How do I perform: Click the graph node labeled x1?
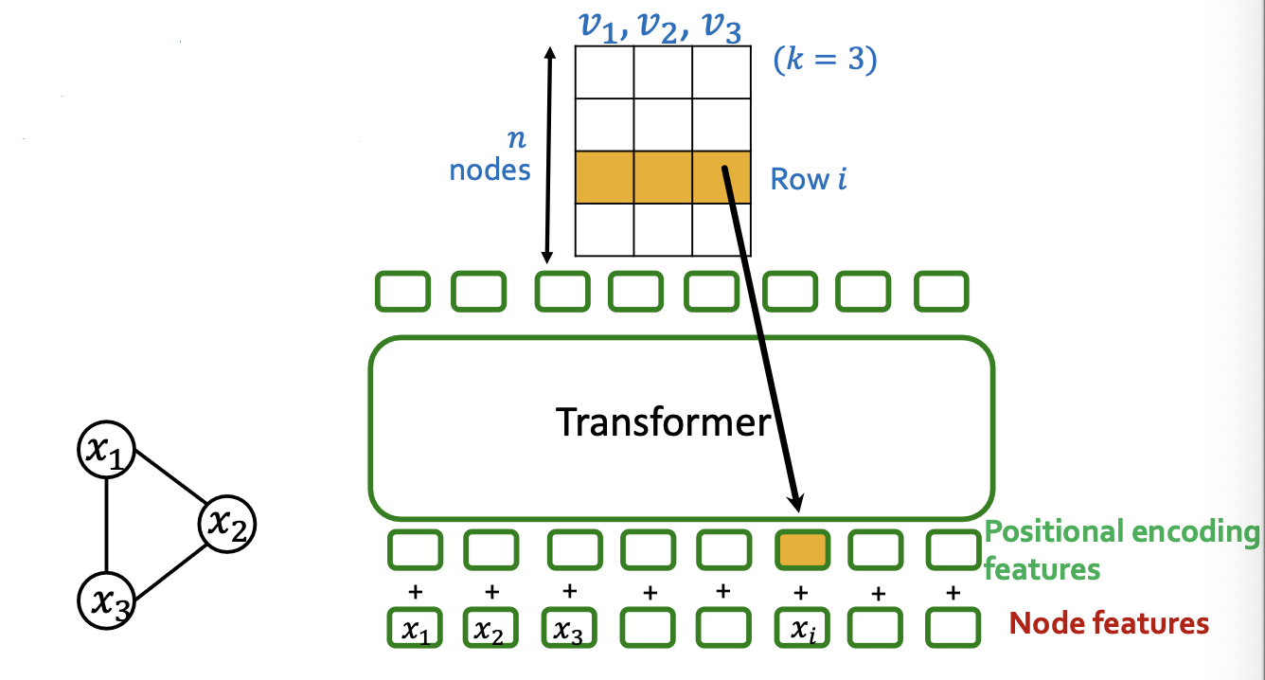[106, 451]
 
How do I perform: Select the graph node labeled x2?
[227, 522]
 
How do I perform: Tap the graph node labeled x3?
[106, 599]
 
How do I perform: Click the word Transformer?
[663, 421]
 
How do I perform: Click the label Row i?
[808, 179]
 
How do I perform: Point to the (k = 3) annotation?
[825, 61]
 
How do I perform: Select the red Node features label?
[1109, 623]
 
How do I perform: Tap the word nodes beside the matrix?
[490, 170]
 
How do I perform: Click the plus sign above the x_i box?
[800, 593]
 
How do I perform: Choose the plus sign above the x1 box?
[414, 593]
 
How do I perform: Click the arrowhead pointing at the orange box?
[796, 500]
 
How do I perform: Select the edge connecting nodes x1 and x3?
[106, 525]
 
